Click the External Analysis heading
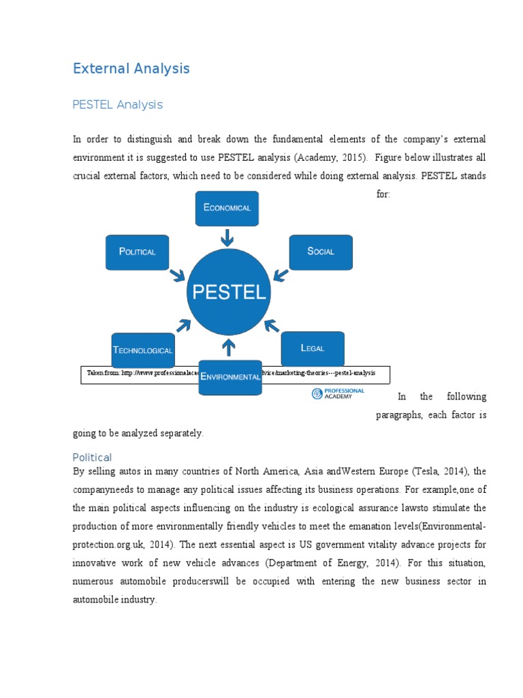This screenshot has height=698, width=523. (131, 69)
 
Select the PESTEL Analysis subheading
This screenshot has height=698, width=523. (118, 105)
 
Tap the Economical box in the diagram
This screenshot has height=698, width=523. (227, 208)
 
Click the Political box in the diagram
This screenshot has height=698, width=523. (138, 252)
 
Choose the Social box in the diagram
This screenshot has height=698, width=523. (321, 252)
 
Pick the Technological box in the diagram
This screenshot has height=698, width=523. (143, 350)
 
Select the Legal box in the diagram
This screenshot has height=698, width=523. (313, 348)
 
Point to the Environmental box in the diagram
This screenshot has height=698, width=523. (230, 377)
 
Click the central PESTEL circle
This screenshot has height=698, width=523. (228, 292)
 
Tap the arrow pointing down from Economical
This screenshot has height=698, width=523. (227, 237)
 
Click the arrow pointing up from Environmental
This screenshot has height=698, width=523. (229, 347)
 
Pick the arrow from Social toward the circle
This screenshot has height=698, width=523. (279, 274)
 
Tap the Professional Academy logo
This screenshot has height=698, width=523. (338, 394)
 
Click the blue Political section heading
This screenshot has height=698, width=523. (92, 457)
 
